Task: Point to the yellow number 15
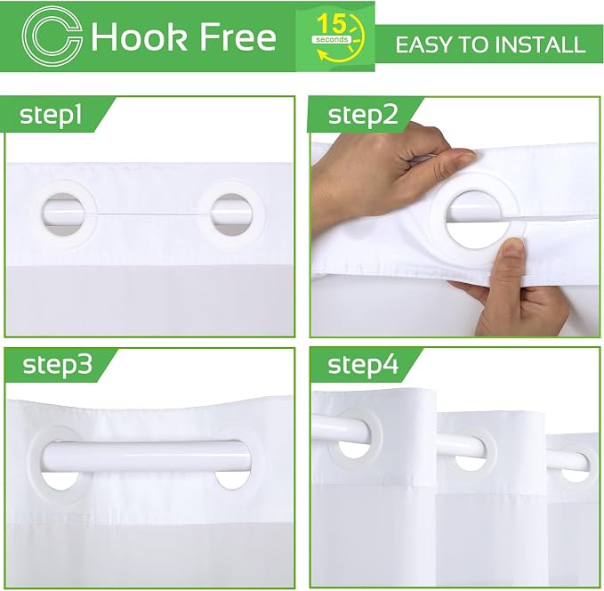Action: pos(331,25)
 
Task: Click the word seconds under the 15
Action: pos(332,39)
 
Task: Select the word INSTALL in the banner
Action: pos(540,45)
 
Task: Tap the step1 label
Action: pos(51,115)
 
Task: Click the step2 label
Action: pos(362,115)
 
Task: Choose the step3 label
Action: pos(58,364)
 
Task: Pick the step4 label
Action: pos(363,364)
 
